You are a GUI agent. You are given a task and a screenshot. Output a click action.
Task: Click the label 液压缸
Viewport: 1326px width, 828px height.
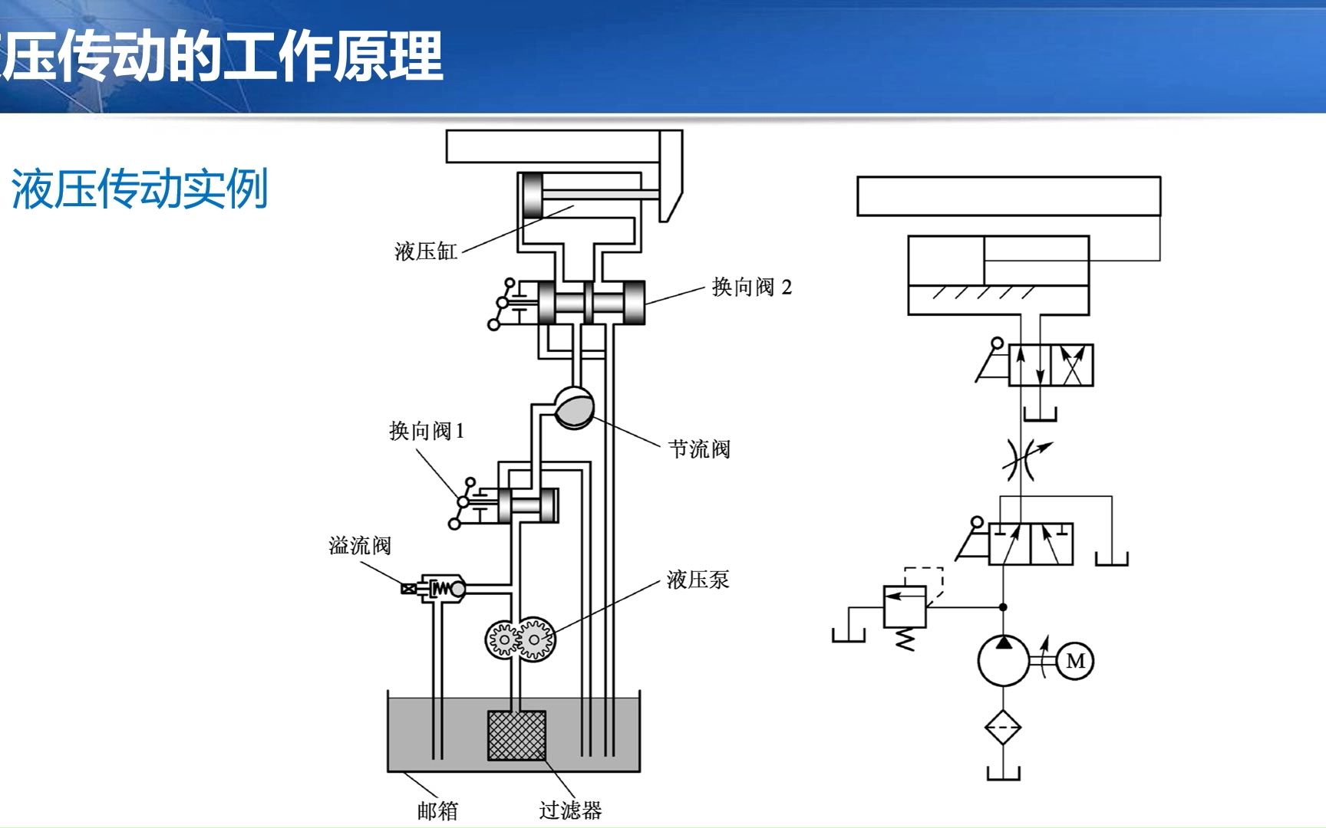click(426, 251)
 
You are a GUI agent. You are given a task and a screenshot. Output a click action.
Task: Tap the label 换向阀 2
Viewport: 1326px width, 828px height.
click(751, 287)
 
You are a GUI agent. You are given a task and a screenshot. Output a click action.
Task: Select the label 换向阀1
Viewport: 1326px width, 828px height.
click(427, 431)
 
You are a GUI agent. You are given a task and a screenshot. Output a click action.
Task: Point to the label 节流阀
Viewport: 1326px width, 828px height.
click(699, 449)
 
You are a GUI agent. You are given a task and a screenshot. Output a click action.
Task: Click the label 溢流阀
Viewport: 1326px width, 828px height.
click(360, 546)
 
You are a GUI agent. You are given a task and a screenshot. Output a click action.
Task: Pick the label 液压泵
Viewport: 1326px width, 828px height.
click(698, 580)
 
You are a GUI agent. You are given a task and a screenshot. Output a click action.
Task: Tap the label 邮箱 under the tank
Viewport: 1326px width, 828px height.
click(437, 810)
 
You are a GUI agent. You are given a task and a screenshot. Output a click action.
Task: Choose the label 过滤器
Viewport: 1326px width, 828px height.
click(570, 810)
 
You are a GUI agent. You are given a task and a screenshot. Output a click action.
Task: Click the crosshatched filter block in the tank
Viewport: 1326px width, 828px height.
click(517, 735)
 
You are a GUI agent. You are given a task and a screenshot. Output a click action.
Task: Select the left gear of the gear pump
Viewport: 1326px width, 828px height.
click(503, 639)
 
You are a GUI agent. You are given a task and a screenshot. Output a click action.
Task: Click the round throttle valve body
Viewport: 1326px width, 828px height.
click(574, 407)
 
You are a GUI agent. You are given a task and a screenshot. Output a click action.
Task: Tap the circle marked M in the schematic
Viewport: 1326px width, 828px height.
click(1075, 661)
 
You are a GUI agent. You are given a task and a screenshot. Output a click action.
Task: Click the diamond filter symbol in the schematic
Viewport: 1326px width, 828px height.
click(1003, 727)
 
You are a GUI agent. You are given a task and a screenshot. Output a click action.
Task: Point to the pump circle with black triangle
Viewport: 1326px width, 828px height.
click(1003, 660)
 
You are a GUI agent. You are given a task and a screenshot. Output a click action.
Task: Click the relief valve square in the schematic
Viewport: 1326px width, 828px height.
click(905, 606)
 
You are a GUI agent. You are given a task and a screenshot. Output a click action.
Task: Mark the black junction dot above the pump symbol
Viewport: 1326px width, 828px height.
click(1003, 607)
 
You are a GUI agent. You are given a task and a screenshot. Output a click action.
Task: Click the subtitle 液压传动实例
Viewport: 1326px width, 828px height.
click(140, 189)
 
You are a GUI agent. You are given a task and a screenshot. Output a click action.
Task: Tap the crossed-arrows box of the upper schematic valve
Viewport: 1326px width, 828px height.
click(1072, 365)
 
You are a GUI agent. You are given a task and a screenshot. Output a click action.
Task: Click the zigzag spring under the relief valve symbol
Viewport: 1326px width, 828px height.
click(905, 639)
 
